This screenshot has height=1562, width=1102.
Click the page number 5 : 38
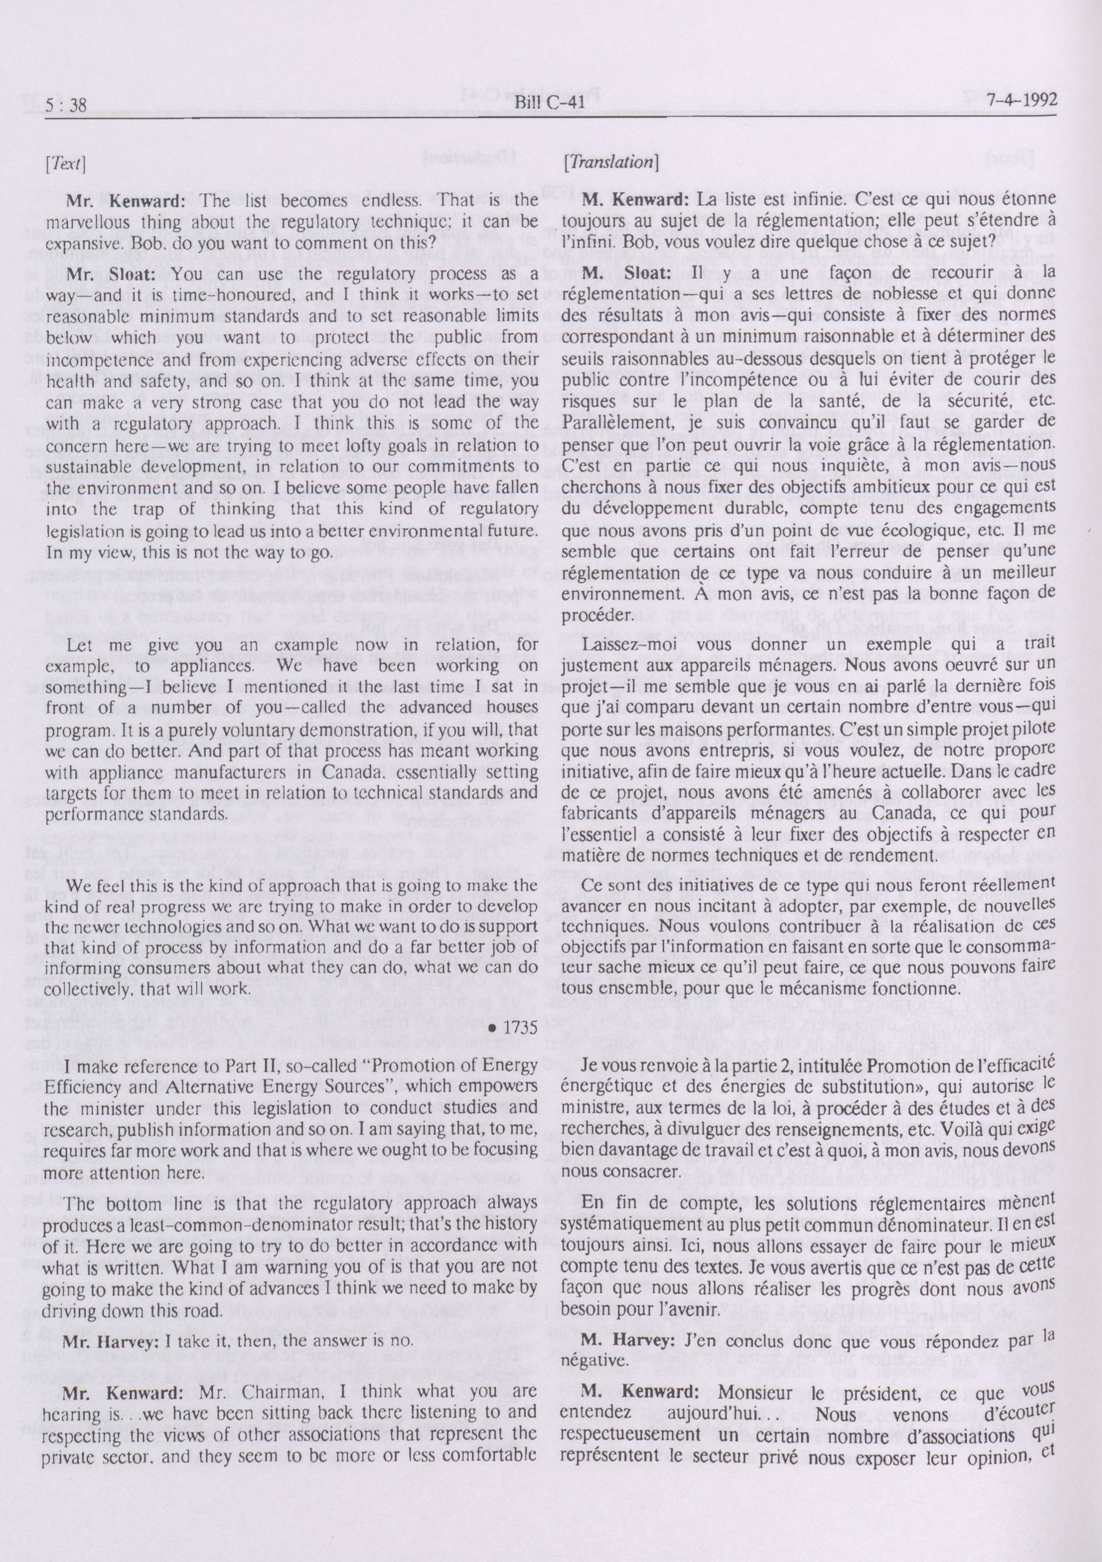tap(68, 103)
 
